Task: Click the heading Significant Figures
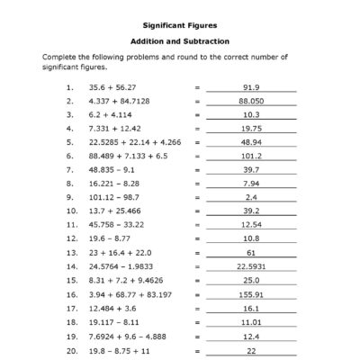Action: click(179, 25)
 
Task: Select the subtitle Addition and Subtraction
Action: click(179, 41)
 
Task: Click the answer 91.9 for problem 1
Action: click(251, 87)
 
